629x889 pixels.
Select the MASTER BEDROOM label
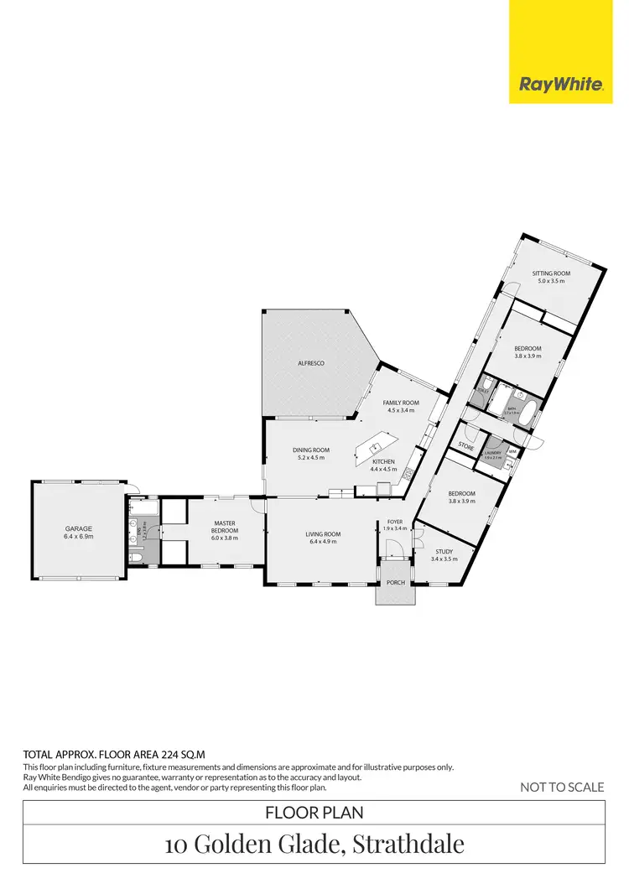(x=225, y=528)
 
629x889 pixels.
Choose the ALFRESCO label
(x=311, y=363)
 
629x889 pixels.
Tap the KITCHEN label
(x=383, y=462)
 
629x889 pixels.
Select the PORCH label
(x=395, y=583)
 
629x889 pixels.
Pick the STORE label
(x=466, y=448)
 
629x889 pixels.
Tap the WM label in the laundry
(x=512, y=452)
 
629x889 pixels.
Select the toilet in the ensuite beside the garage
(x=136, y=557)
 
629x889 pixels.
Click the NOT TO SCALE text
(x=562, y=787)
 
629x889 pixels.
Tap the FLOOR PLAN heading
(x=314, y=812)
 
